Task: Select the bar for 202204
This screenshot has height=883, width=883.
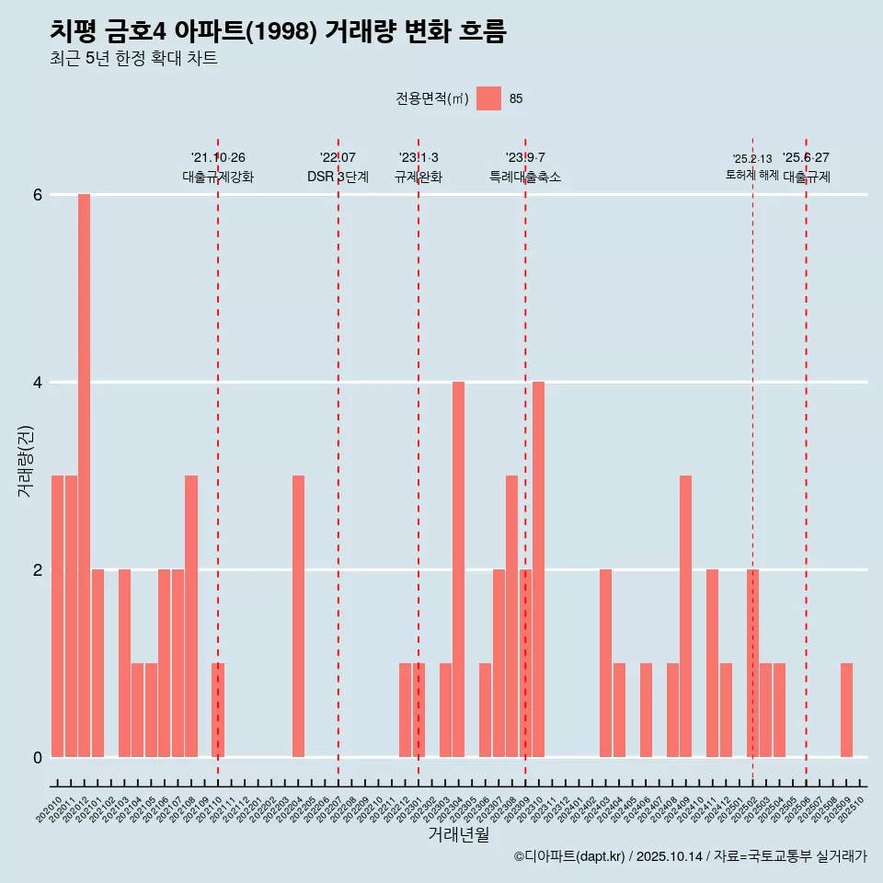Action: click(x=298, y=616)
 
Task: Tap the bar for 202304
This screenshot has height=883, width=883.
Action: click(x=458, y=569)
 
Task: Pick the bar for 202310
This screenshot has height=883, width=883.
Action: click(x=538, y=569)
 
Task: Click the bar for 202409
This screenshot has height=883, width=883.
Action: click(x=685, y=616)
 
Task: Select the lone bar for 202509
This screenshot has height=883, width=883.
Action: click(x=846, y=710)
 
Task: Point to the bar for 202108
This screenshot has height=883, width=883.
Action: click(x=191, y=616)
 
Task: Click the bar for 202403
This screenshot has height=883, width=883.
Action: click(x=605, y=663)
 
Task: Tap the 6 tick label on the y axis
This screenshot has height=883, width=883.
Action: click(x=38, y=195)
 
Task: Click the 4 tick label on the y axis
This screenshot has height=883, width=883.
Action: click(x=38, y=383)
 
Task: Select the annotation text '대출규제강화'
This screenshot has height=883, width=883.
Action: click(x=218, y=177)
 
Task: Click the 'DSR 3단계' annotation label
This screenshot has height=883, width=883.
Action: click(x=338, y=177)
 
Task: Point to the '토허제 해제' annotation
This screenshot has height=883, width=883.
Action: click(x=752, y=175)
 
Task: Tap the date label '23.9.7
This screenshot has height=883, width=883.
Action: click(x=525, y=158)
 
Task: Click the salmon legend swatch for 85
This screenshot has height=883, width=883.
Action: click(x=488, y=98)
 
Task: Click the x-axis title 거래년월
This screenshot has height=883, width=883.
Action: click(x=458, y=834)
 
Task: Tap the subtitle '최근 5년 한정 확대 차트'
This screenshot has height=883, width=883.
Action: click(x=133, y=59)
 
